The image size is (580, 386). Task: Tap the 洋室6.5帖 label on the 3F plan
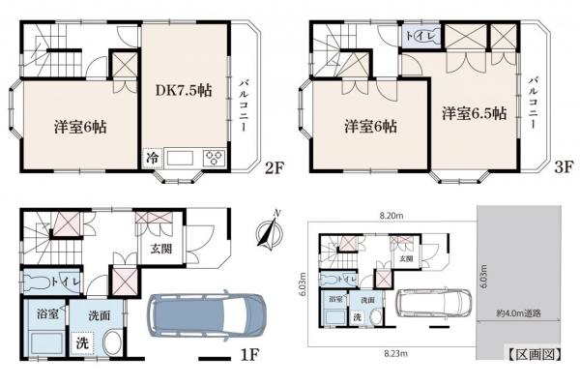tap(475, 113)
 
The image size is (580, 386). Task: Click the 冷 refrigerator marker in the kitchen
tap(153, 158)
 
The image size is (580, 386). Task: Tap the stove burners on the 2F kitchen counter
tap(215, 159)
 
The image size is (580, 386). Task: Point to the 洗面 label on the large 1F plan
tap(99, 314)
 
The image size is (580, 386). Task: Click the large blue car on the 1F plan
tap(207, 319)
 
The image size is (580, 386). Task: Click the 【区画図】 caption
tap(532, 354)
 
